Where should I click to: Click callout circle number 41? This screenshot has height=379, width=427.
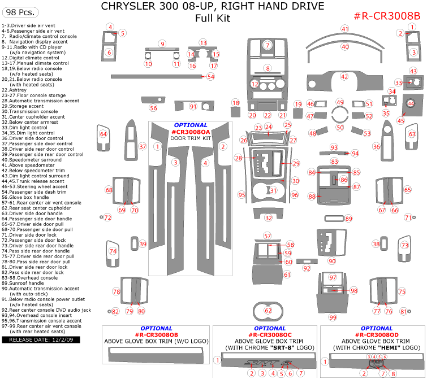[344, 28]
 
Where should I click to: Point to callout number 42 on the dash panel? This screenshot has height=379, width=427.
[344, 76]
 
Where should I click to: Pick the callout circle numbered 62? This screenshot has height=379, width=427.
[268, 310]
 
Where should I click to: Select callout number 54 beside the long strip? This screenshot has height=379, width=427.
[210, 76]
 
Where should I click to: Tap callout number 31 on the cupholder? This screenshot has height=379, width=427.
[273, 190]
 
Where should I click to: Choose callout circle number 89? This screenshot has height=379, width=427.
[348, 219]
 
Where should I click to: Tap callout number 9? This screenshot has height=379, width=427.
[162, 43]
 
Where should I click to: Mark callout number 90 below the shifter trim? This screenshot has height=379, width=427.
[332, 261]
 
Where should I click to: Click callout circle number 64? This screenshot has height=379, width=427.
[103, 134]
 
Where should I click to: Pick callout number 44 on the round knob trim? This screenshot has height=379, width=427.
[411, 103]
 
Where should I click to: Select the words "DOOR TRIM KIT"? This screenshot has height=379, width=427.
[191, 138]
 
